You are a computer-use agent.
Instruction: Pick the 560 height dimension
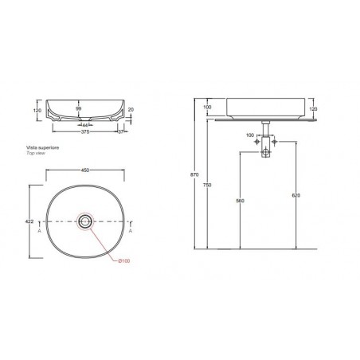point(240,201)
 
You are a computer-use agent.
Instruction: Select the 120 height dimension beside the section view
point(36,111)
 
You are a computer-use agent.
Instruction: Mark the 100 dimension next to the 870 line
point(206,107)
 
